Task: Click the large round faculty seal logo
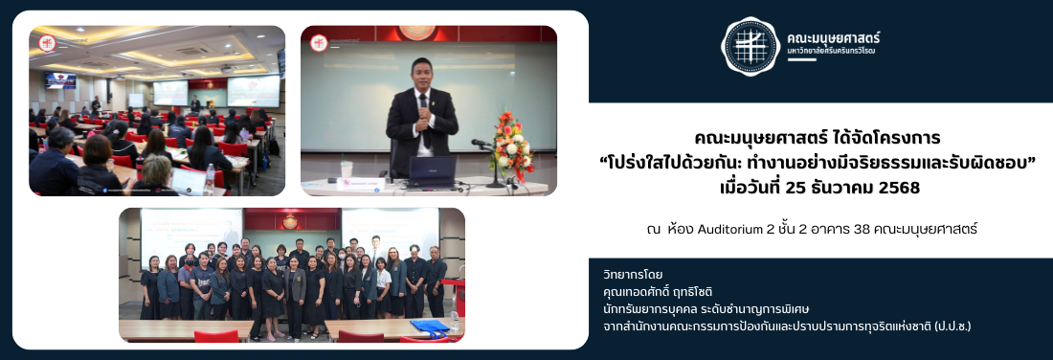coord(751,46)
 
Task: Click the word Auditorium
coord(730,230)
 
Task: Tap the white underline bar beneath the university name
coord(802,59)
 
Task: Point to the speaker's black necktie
coord(424,120)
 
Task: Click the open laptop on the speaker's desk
coord(432,172)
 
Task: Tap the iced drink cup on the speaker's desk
coord(347,169)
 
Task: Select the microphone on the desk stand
coord(482,143)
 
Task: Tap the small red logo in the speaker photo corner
coord(319,43)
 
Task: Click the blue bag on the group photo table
coord(430,327)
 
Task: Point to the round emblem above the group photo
coord(290,221)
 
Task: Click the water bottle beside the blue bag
coord(455,321)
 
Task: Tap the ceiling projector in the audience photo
coord(227,69)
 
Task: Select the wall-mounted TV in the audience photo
coord(60,79)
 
